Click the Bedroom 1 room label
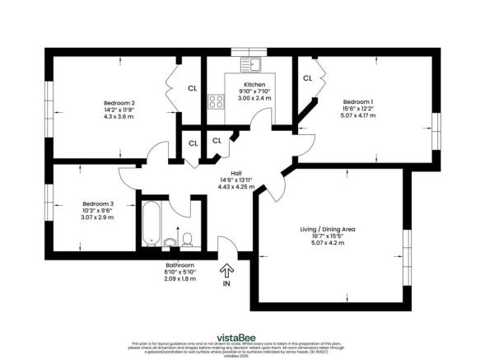(x=358, y=98)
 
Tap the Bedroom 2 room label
(x=120, y=103)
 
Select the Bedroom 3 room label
(x=98, y=203)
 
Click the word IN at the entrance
(x=226, y=283)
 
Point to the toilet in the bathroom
(x=189, y=239)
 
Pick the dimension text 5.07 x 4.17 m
(x=358, y=115)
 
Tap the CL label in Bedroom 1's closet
(x=307, y=78)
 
